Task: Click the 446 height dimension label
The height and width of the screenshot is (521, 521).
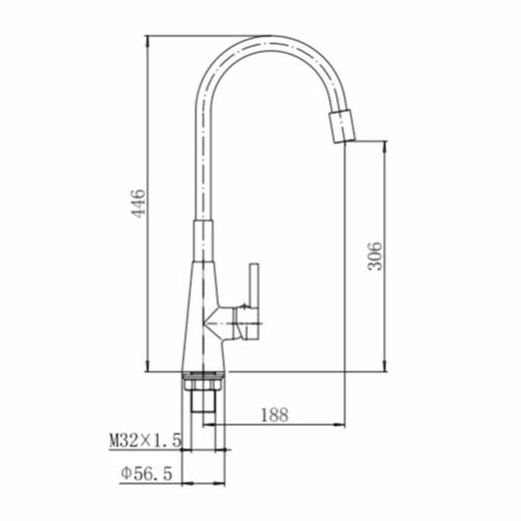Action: click(138, 203)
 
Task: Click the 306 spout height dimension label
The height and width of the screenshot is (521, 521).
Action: click(376, 256)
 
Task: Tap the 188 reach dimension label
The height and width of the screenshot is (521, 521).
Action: click(274, 415)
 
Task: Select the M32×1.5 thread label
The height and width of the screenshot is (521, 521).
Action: click(145, 441)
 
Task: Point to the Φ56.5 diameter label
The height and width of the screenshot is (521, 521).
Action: click(147, 473)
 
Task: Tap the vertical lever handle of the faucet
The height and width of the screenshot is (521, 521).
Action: click(254, 302)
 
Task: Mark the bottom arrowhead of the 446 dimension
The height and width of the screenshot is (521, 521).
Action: click(147, 367)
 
